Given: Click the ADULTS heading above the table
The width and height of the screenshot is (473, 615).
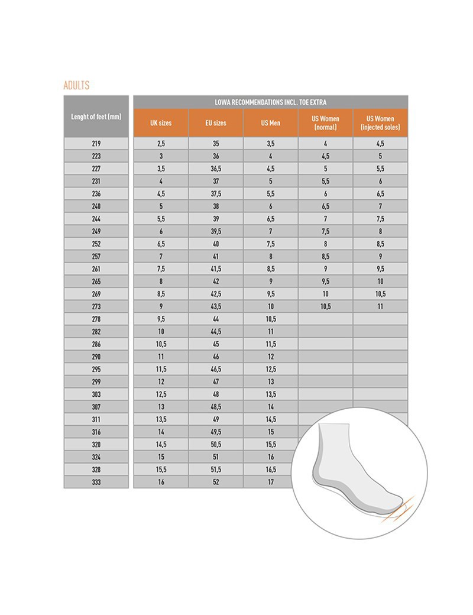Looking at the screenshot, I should pyautogui.click(x=76, y=85).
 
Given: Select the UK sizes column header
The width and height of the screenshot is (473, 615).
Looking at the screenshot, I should pyautogui.click(x=161, y=123).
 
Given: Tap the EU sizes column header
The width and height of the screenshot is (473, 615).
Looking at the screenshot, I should pyautogui.click(x=216, y=123).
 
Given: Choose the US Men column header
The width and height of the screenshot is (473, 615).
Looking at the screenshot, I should pyautogui.click(x=271, y=123).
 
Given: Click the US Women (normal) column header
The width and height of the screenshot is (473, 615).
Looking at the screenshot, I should pyautogui.click(x=326, y=123).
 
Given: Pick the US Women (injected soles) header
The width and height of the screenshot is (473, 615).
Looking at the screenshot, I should pyautogui.click(x=380, y=123).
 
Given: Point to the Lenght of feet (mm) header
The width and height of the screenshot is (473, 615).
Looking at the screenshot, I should pyautogui.click(x=96, y=116).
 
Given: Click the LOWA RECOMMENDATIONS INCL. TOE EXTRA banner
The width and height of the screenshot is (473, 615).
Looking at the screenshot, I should pyautogui.click(x=270, y=102).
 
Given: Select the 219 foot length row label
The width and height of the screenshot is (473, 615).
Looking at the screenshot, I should pyautogui.click(x=96, y=144).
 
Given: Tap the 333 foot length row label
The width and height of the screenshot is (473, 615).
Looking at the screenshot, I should pyautogui.click(x=96, y=482).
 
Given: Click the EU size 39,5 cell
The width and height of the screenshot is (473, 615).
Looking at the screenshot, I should pyautogui.click(x=216, y=231).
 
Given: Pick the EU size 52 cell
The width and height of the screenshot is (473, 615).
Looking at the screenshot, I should pyautogui.click(x=216, y=482).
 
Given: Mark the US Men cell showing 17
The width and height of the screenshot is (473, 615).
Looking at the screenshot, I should pyautogui.click(x=271, y=482).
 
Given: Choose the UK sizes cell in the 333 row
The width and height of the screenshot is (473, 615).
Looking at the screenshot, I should pyautogui.click(x=161, y=482).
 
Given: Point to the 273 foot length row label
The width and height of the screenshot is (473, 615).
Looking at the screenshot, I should pyautogui.click(x=96, y=306).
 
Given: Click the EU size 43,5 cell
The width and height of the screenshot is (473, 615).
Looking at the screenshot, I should pyautogui.click(x=216, y=306).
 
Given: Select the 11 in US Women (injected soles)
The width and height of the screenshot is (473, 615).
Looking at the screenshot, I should pyautogui.click(x=380, y=306).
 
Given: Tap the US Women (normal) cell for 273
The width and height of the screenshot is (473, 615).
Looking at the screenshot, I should pyautogui.click(x=326, y=306).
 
